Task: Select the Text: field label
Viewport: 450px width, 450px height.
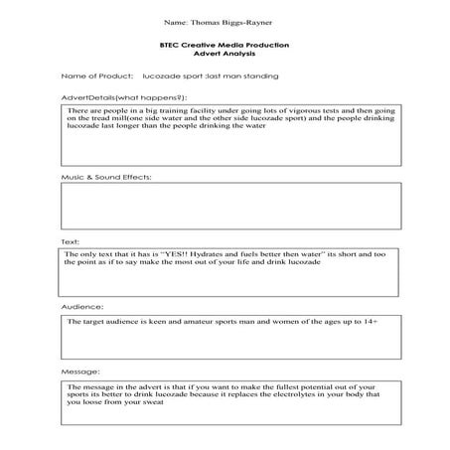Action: (71, 242)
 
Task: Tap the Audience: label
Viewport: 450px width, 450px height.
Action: (80, 307)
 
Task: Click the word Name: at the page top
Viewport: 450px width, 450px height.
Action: (172, 20)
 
